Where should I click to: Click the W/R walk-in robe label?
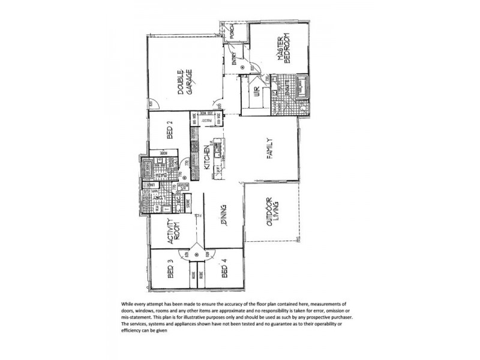(x=257, y=94)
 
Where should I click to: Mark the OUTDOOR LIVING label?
(x=273, y=212)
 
